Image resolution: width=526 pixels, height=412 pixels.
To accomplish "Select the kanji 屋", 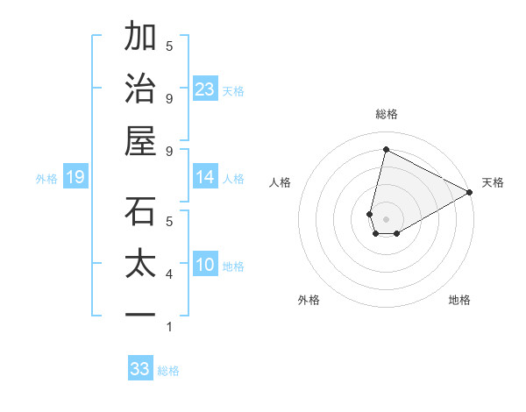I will (140, 140).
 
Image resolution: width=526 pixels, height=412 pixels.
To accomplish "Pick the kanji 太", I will (140, 264).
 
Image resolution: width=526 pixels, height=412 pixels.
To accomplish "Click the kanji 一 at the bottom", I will (140, 314).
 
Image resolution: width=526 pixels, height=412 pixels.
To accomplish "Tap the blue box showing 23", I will (205, 89).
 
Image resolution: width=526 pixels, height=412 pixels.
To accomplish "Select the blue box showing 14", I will (205, 177).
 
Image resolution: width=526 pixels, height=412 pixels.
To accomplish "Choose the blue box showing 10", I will (205, 265).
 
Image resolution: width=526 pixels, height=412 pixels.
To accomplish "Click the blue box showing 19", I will (75, 178).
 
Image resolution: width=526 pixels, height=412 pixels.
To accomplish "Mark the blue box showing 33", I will (140, 369).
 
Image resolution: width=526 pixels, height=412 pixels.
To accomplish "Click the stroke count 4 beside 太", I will (169, 274).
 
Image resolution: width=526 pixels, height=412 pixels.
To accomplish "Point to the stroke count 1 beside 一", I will (169, 327).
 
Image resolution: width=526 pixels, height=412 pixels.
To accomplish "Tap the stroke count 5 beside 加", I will (169, 46).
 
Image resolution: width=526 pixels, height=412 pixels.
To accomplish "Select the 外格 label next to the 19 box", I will (46, 179).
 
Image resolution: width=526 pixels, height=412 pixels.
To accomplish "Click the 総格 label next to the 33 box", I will (168, 371).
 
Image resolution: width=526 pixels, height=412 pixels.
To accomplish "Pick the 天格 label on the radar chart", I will (493, 182).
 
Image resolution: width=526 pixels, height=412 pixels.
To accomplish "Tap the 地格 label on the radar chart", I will (459, 300).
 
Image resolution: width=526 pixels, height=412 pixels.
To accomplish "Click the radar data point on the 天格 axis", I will (470, 193).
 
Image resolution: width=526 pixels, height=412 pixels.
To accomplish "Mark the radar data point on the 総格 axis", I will (386, 150).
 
